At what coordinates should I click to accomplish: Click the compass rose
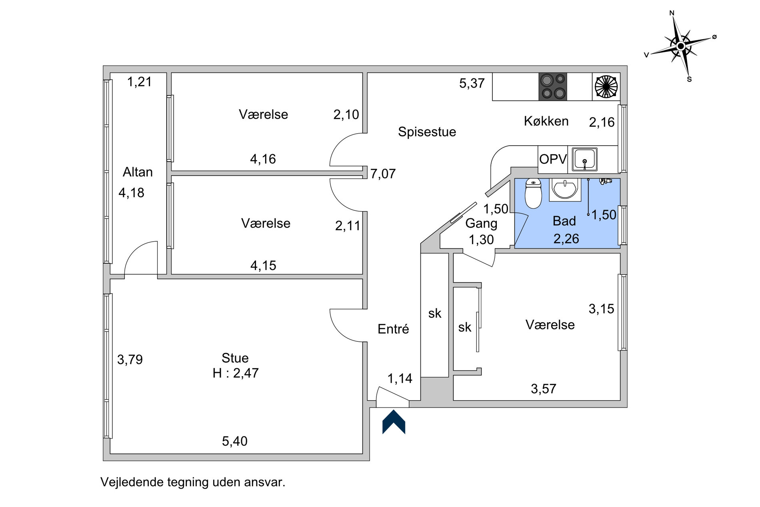coord(681,46)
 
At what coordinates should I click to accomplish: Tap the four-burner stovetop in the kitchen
coord(553,86)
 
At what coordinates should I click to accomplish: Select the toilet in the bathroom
coord(533,193)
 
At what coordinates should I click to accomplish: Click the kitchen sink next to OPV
coord(585,159)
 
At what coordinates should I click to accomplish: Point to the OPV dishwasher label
coord(553,159)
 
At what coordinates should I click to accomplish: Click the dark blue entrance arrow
coord(394,422)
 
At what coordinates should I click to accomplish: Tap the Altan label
coord(138,172)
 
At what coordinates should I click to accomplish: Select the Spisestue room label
coord(427,132)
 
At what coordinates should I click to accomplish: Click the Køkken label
coord(546,121)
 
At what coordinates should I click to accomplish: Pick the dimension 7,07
coord(383,174)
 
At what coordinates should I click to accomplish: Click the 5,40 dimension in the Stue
coord(235,441)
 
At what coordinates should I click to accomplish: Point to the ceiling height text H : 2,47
coord(236,373)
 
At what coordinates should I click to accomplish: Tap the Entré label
coord(393,329)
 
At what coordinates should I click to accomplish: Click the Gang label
coord(481,224)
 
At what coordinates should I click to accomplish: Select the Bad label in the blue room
coord(564,221)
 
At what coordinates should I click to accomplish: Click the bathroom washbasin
coord(565,189)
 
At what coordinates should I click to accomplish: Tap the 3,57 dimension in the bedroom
coord(543,389)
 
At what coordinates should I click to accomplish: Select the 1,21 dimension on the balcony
coord(139,82)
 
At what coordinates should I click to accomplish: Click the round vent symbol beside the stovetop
coord(606,86)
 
